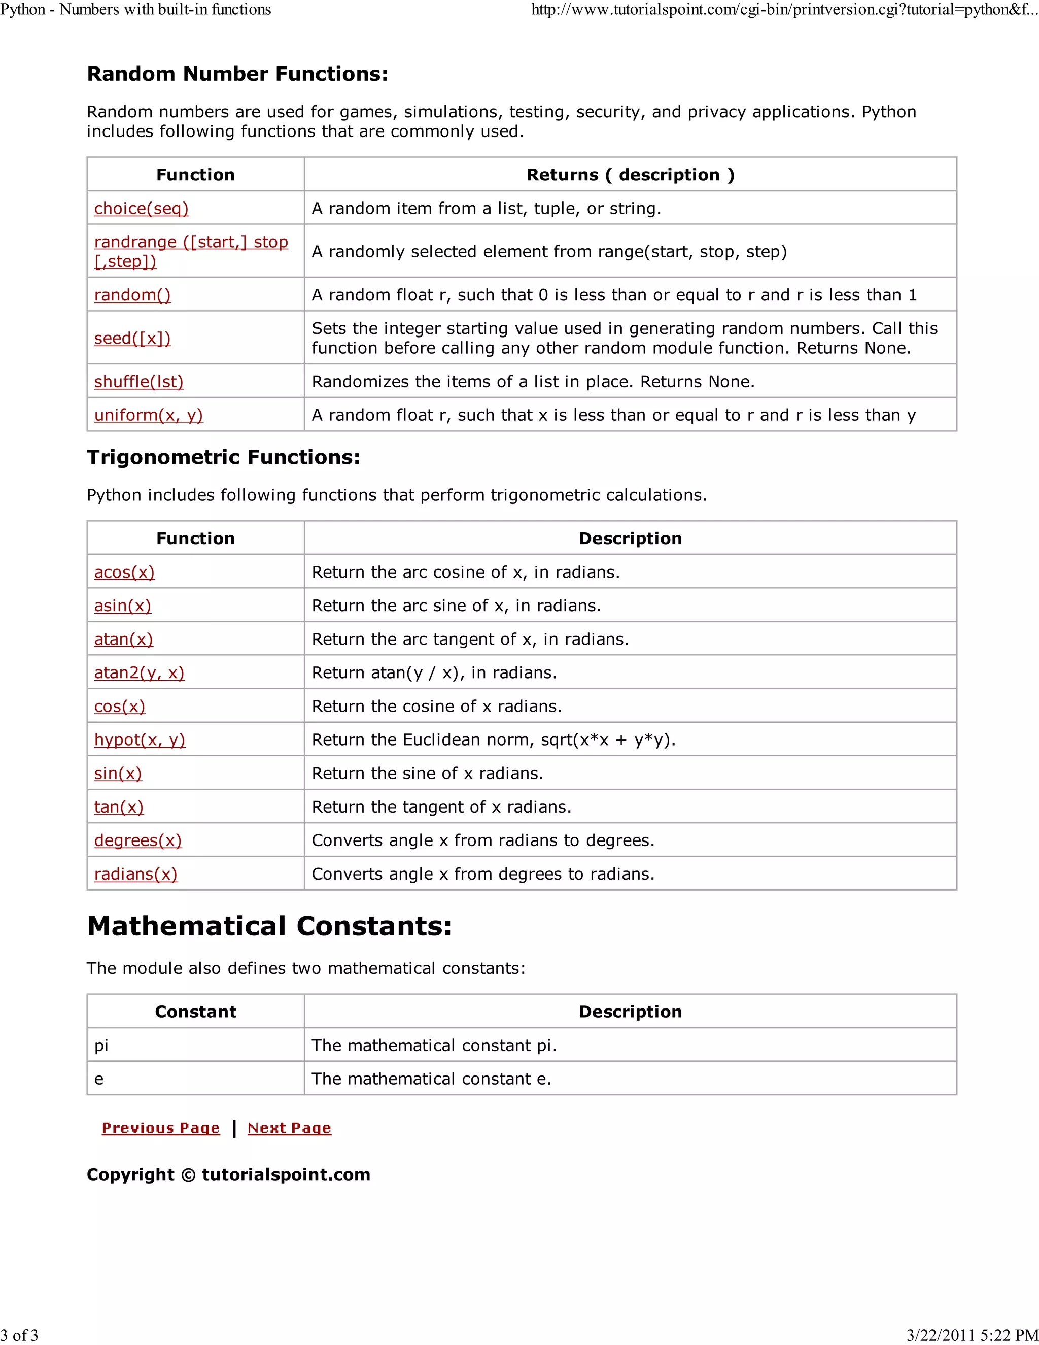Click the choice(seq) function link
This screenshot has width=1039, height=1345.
(141, 208)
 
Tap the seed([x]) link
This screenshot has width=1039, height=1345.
(132, 338)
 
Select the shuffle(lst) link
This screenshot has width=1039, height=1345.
(138, 381)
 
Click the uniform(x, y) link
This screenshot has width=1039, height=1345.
(148, 415)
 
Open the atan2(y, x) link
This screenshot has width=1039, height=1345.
(139, 672)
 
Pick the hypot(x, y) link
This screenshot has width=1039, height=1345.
(140, 739)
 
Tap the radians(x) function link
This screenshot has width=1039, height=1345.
(135, 874)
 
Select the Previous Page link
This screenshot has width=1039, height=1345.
(161, 1128)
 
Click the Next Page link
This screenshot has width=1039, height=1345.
(289, 1128)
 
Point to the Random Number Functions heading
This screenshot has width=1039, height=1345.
(237, 74)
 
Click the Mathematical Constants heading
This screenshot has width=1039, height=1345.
(269, 926)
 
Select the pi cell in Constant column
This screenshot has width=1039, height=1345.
(101, 1045)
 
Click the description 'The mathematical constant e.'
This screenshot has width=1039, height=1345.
(431, 1079)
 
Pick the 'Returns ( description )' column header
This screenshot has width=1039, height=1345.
(630, 175)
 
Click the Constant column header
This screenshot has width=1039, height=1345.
(196, 1012)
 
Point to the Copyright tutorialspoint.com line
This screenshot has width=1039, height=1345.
(228, 1174)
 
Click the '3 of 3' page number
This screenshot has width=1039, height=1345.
(19, 1335)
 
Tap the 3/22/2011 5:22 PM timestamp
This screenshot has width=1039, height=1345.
(973, 1335)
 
